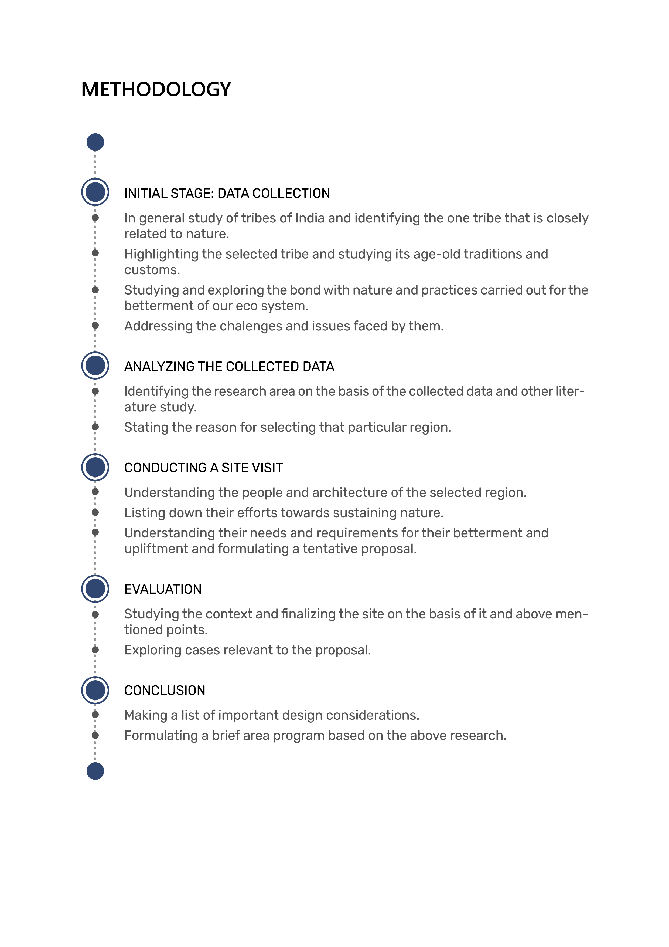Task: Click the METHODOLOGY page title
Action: click(156, 90)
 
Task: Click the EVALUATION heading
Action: click(163, 589)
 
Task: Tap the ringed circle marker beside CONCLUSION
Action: click(95, 690)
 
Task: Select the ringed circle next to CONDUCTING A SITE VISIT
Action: click(95, 467)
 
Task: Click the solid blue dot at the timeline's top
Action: click(95, 142)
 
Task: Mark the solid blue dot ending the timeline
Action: click(95, 771)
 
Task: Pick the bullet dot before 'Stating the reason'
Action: click(95, 427)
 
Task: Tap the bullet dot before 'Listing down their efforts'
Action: click(95, 512)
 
